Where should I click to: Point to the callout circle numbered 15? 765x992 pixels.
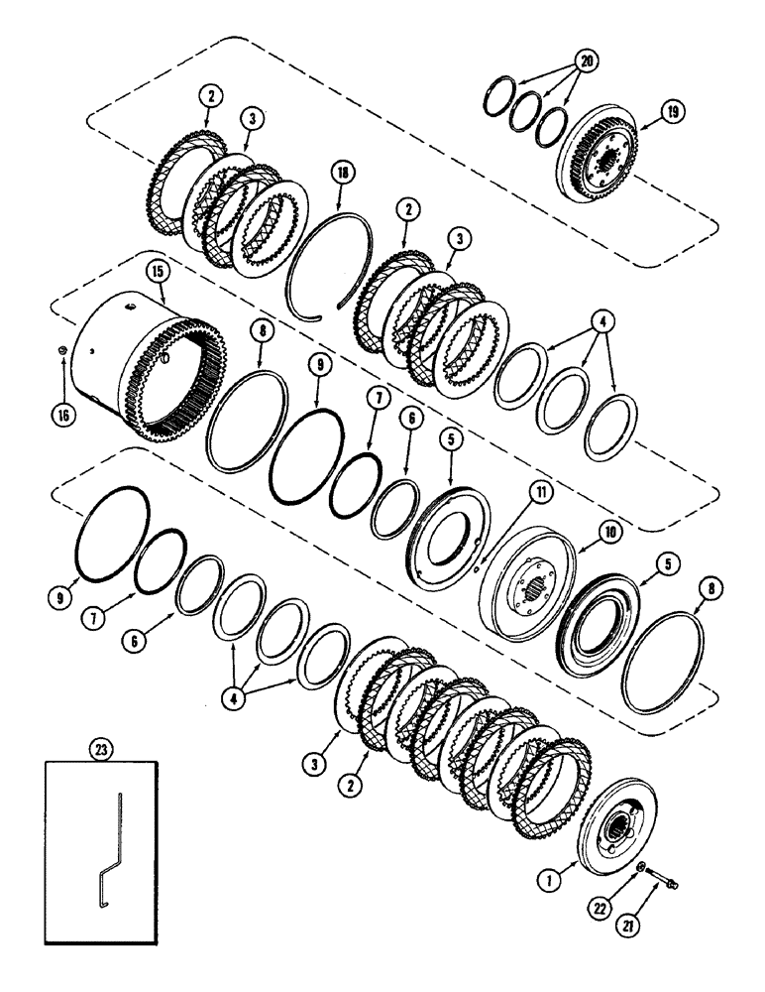158,270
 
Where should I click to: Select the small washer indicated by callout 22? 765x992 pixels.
642,870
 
